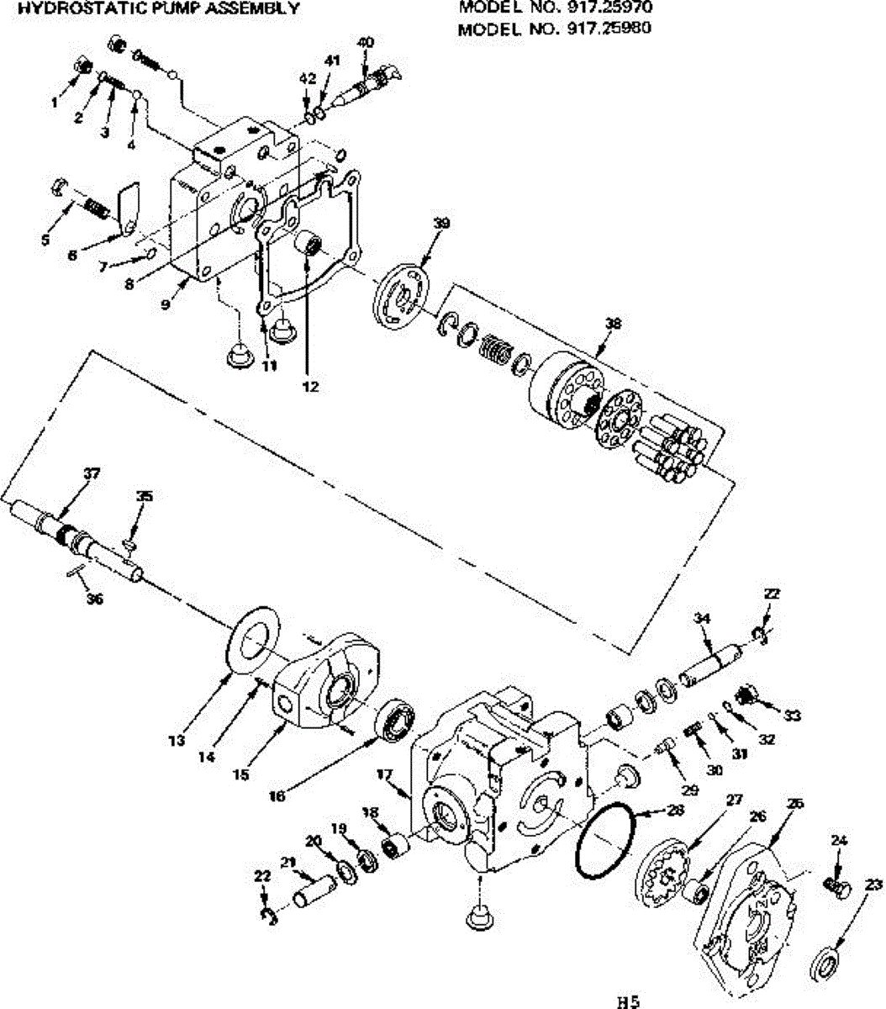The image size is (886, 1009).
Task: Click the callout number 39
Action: click(442, 223)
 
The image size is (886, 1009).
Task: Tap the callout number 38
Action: click(613, 323)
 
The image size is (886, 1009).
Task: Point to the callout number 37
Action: click(91, 473)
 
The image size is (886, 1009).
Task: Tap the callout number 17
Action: click(385, 774)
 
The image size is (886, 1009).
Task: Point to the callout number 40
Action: click(365, 42)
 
